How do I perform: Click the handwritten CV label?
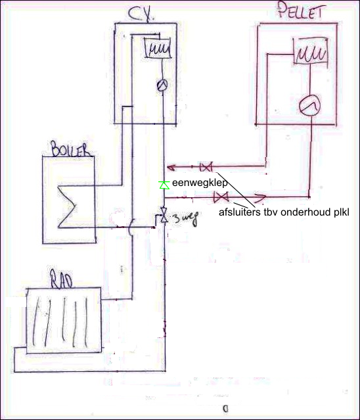(141, 14)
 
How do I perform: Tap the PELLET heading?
(300, 10)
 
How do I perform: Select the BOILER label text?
(70, 149)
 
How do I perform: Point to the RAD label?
(61, 279)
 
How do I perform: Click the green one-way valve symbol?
(164, 185)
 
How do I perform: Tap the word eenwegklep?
(200, 183)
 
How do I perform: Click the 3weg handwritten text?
(185, 218)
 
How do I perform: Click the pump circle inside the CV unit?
(162, 85)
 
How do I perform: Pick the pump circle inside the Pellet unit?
(309, 106)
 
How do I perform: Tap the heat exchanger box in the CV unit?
(158, 47)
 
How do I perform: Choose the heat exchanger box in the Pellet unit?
(311, 51)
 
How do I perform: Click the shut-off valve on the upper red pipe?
(206, 167)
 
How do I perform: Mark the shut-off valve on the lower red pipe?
(221, 197)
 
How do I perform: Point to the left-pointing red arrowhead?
(171, 168)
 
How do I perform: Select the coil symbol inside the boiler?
(67, 206)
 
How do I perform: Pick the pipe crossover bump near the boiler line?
(130, 227)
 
